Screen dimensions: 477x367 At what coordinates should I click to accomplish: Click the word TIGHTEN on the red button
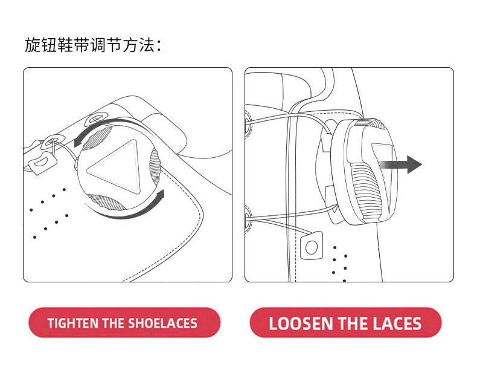[73, 323]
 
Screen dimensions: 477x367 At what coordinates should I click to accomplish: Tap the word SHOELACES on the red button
[163, 323]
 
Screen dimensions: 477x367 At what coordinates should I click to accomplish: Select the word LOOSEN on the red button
[301, 323]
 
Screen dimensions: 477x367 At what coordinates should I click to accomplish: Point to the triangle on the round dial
[115, 166]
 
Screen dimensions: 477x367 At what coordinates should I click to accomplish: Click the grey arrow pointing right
[400, 164]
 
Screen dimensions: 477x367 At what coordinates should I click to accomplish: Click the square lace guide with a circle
[312, 246]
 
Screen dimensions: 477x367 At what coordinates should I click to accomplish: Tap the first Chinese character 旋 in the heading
[33, 45]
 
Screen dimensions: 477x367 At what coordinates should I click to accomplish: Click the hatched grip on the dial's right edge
[155, 167]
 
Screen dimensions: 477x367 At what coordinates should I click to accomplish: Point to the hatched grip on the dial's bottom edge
[106, 203]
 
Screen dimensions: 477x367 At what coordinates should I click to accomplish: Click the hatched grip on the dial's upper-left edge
[96, 139]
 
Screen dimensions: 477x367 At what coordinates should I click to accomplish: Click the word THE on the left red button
[114, 323]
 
